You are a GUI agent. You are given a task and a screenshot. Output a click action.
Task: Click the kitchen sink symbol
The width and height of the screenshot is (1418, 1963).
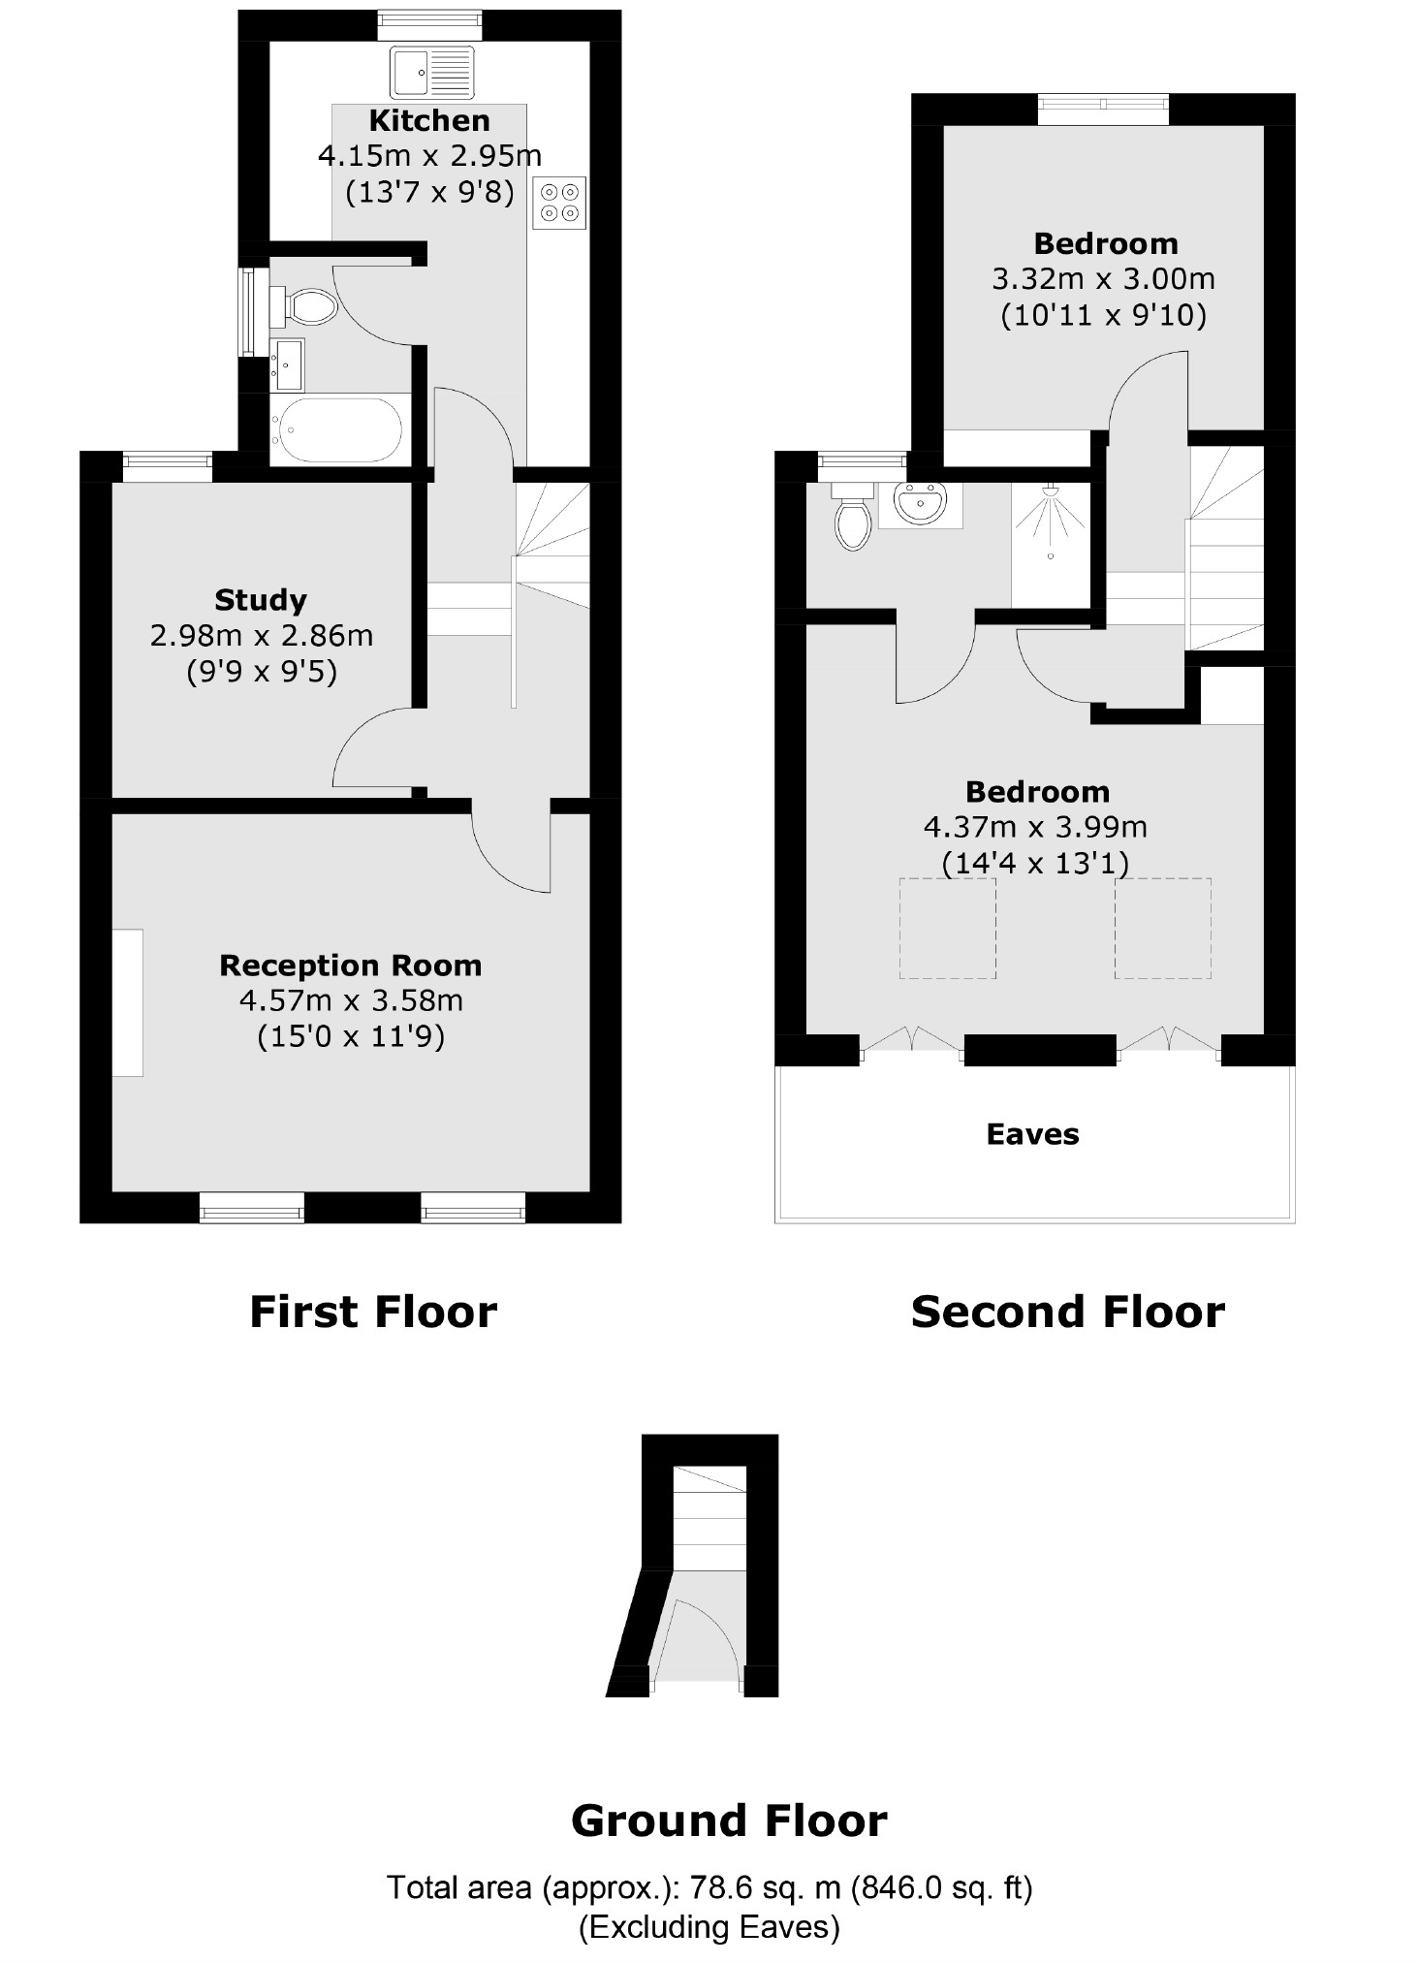click(432, 73)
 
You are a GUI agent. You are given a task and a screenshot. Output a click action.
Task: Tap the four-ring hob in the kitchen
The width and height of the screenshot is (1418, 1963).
click(559, 203)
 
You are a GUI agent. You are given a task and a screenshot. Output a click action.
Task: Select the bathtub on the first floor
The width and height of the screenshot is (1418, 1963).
click(337, 429)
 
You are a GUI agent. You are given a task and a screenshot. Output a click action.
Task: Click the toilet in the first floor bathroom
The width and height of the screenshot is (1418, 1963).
click(304, 306)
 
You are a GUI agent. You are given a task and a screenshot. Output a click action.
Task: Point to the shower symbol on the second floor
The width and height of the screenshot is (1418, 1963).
click(1050, 524)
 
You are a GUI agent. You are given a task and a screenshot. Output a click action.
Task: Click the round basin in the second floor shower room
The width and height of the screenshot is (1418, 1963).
click(919, 504)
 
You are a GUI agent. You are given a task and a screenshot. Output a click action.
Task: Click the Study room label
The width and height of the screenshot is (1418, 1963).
click(261, 600)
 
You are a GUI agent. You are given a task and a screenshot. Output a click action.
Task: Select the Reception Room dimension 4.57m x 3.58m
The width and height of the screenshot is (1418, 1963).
click(351, 1000)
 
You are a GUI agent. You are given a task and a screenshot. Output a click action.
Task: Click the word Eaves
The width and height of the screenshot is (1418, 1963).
click(1032, 1134)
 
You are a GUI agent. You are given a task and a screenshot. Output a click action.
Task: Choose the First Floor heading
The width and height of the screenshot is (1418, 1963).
click(373, 1312)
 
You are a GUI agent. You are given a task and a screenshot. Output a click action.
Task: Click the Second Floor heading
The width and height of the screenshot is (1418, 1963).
click(1067, 1312)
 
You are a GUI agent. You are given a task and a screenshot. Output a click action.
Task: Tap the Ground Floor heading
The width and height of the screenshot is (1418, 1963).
click(729, 1821)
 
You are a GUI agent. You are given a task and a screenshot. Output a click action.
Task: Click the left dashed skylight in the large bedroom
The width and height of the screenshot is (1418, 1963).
click(948, 928)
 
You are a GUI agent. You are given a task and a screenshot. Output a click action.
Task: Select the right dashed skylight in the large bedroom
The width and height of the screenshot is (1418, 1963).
click(1162, 928)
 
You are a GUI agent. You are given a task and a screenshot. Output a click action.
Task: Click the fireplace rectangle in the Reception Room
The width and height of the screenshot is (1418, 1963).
click(128, 1002)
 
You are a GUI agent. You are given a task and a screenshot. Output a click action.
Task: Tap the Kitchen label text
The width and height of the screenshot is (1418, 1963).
click(429, 121)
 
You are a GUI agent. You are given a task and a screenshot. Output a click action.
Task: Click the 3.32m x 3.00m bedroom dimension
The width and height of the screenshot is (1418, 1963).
click(1103, 279)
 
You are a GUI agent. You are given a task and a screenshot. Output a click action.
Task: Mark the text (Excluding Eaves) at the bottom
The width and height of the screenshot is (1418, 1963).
click(709, 1926)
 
